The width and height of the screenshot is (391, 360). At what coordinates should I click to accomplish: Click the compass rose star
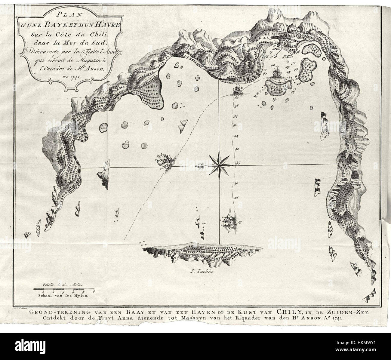(219, 164)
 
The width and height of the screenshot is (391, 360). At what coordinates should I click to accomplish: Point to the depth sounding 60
(236, 98)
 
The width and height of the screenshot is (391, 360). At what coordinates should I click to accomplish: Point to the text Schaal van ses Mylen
(63, 295)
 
